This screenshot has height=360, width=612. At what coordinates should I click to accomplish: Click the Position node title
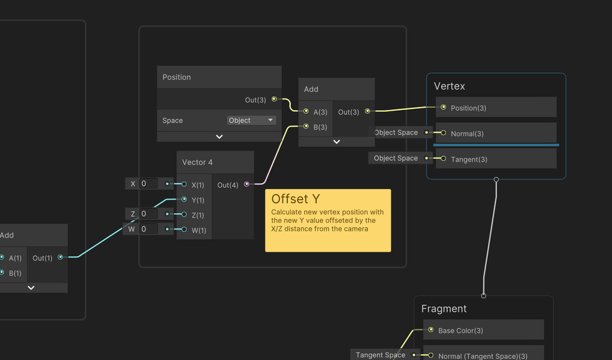[x=177, y=77]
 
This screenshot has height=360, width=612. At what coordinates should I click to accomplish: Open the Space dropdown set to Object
[x=251, y=121]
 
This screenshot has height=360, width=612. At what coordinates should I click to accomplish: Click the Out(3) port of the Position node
[x=274, y=99]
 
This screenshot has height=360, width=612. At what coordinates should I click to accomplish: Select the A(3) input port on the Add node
[x=306, y=111]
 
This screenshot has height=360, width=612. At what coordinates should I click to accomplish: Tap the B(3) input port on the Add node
[x=306, y=127]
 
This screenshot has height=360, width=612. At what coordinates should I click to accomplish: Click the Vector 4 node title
[x=198, y=162]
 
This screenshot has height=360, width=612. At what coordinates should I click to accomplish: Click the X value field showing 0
[x=149, y=184]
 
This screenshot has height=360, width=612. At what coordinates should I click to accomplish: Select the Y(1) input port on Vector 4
[x=184, y=200]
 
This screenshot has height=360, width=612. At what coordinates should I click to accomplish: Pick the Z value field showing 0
[x=149, y=214]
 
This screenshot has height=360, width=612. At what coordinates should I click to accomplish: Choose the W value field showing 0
[x=149, y=229]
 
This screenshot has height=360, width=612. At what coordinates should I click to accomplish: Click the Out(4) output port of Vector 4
[x=247, y=184]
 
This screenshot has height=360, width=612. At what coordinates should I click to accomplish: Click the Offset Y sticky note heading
[x=296, y=199]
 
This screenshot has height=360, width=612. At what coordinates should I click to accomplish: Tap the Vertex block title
[x=450, y=86]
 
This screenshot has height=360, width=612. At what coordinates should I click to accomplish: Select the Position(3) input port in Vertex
[x=443, y=107]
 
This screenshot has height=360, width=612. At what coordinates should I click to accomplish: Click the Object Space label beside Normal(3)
[x=396, y=132]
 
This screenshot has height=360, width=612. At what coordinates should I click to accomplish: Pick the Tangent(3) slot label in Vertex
[x=469, y=159]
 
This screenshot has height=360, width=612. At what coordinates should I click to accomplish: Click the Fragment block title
[x=444, y=309]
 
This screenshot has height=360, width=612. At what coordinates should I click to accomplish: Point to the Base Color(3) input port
[x=431, y=330]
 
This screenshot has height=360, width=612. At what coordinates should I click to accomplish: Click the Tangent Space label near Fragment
[x=381, y=355]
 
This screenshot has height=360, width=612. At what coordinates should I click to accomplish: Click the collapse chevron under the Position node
[x=219, y=137]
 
